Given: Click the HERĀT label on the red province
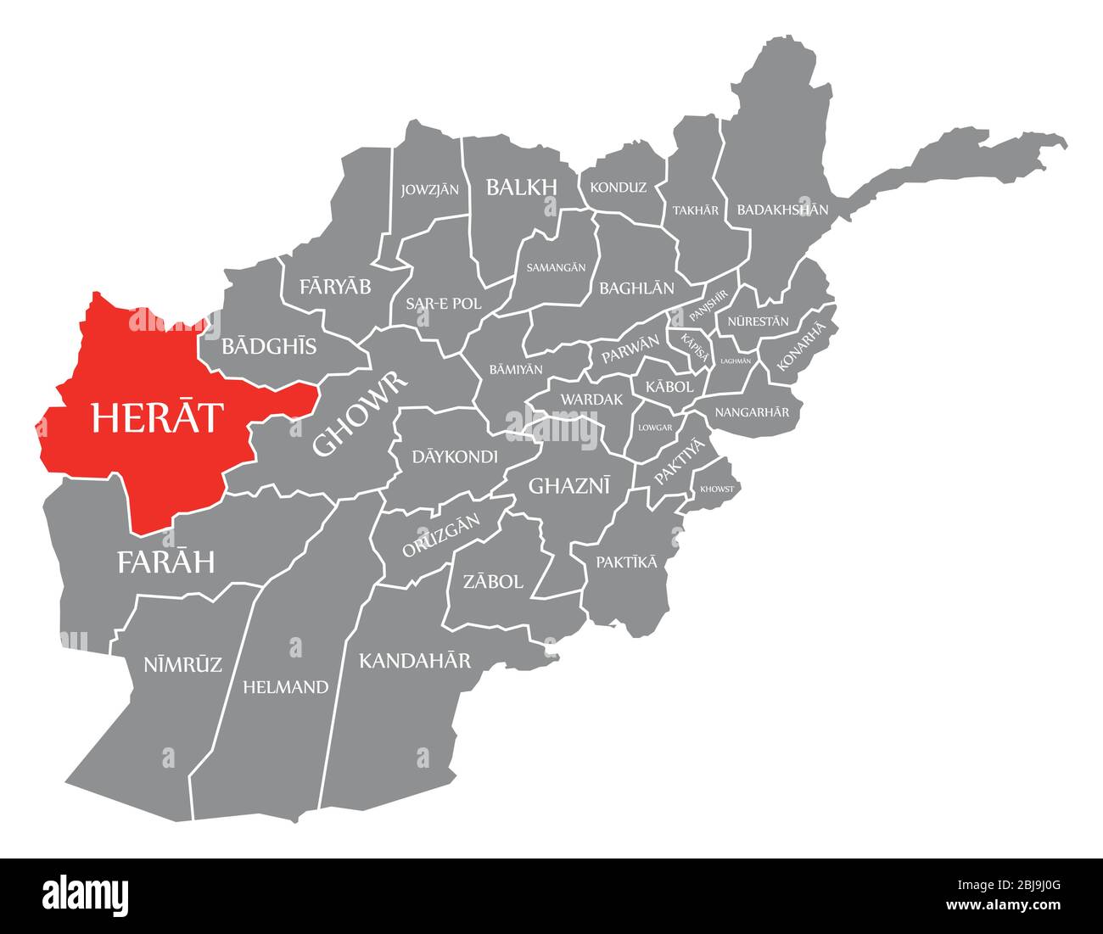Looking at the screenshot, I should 158,417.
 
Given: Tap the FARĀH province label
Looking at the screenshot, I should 166,562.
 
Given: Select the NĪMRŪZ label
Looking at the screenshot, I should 183,664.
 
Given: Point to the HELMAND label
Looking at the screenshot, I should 285,687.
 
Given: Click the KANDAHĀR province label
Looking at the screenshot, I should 415,660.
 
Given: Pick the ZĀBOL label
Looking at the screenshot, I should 492,582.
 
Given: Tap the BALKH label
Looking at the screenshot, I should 521,187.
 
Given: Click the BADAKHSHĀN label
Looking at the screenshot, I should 782,209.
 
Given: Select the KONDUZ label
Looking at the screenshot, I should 618,187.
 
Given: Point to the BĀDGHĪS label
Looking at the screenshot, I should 269,346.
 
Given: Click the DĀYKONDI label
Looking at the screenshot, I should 455,457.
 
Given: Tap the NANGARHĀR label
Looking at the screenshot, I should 752,412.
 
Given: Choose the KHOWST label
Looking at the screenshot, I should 717,489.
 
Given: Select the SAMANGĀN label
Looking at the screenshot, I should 556,267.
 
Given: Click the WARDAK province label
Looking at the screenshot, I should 591,399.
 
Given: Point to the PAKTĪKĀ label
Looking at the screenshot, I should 626,562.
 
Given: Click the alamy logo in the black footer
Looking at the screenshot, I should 86,895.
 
